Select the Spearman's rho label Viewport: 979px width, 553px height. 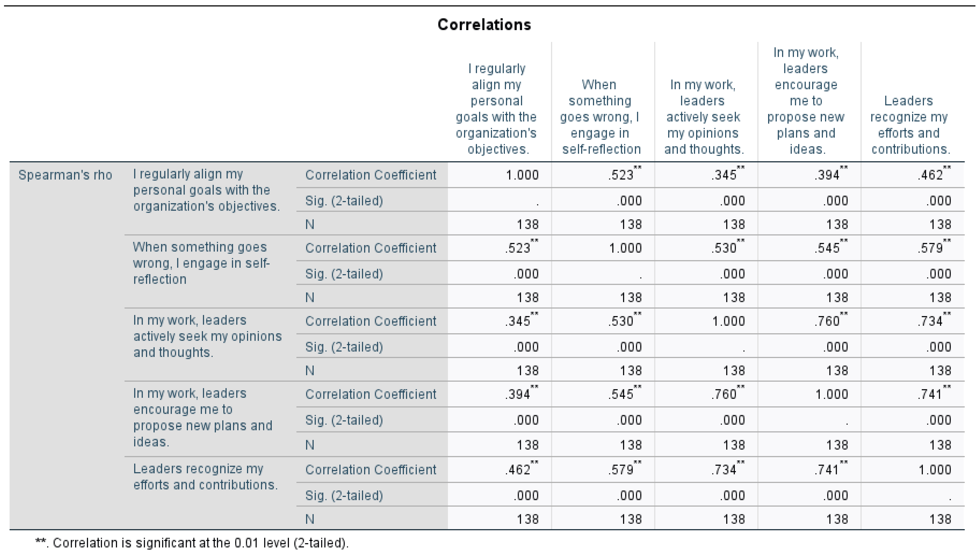coord(65,175)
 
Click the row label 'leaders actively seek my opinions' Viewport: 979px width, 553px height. coord(207,336)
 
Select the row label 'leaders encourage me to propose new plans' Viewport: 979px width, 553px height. coord(203,417)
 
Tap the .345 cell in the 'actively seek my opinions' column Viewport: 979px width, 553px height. coord(724,175)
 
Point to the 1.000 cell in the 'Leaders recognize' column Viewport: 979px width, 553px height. coord(935,470)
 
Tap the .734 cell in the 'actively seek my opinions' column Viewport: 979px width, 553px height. coord(724,470)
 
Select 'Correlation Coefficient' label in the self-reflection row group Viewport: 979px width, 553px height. coord(370,248)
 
